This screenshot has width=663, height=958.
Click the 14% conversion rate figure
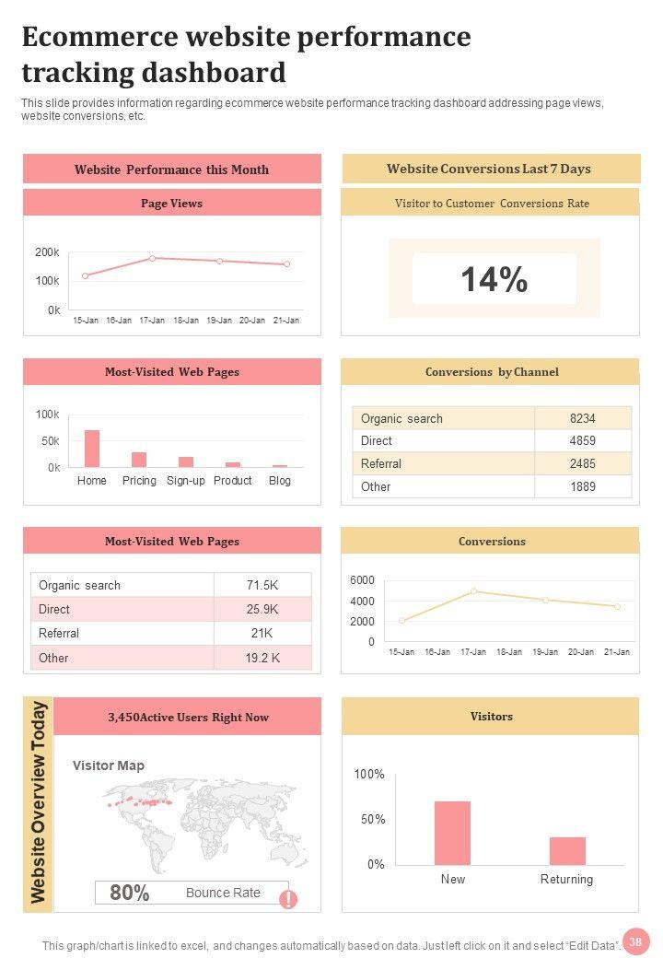coord(494,279)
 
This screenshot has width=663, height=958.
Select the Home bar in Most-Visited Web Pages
coord(92,449)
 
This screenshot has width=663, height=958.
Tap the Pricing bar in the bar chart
coord(139,460)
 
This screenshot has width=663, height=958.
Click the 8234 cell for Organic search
coord(582,418)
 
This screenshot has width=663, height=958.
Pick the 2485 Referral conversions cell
coord(582,463)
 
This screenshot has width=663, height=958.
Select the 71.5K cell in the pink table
coord(262,585)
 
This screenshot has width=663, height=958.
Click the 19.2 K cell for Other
coord(262,658)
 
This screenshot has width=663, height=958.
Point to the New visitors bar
coord(452,833)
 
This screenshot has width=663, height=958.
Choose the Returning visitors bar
coord(567,850)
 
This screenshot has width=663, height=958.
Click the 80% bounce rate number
coord(130,893)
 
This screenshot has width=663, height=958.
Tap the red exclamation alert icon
coord(288,899)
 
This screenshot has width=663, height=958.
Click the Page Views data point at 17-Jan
coord(153,258)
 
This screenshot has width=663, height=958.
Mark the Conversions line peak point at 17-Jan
coord(473,591)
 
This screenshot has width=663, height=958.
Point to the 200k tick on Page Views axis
coord(48,252)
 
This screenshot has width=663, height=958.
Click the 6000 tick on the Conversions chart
coord(362,580)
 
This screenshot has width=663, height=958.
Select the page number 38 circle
coord(634,940)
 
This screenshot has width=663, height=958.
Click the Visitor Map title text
coord(109,765)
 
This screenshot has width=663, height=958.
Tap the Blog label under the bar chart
coord(279,481)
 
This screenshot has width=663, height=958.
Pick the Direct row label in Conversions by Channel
coord(377,441)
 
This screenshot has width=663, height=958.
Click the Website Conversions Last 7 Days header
coord(489,169)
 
